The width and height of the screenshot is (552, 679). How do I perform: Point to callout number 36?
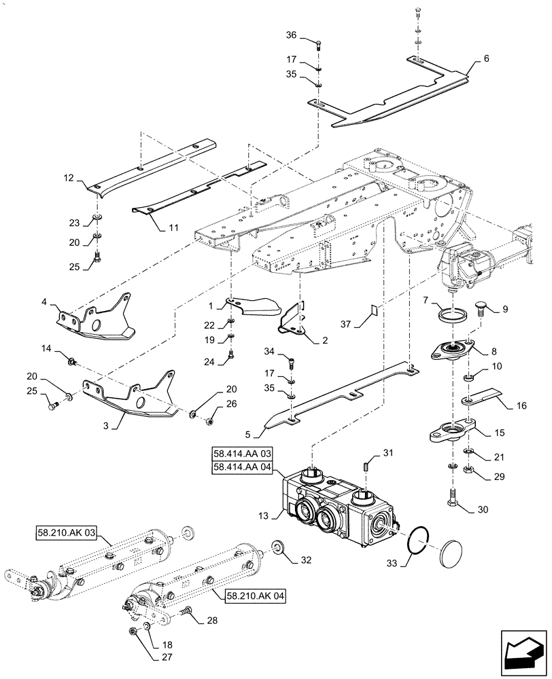(291, 36)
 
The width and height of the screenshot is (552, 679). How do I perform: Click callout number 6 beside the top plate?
(486, 59)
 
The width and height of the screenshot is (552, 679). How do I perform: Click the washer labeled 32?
(277, 547)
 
